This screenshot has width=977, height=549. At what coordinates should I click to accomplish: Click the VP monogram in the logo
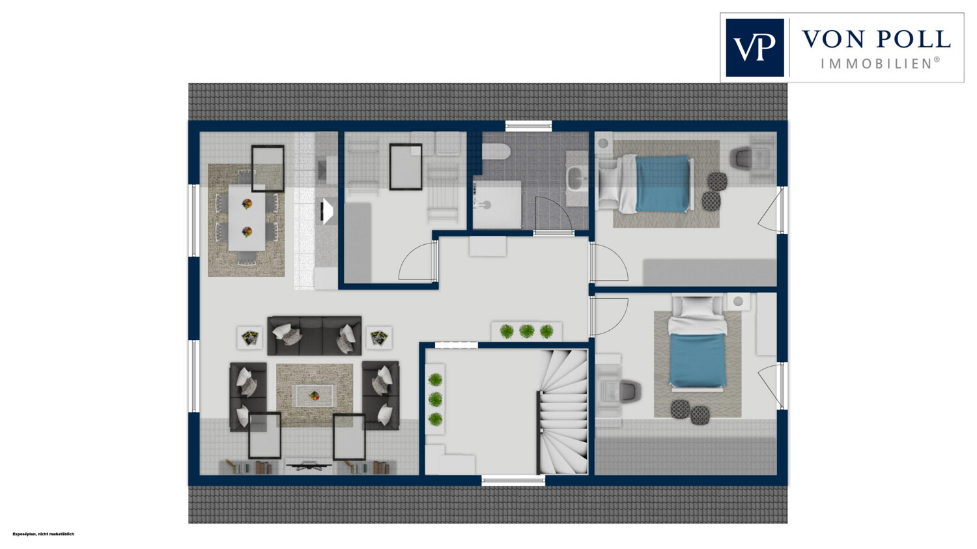[754, 48]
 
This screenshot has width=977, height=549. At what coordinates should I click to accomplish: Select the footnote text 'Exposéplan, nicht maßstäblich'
[43, 534]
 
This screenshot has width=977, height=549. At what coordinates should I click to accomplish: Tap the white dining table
[247, 217]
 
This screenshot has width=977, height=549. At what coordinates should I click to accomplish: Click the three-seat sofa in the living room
[314, 335]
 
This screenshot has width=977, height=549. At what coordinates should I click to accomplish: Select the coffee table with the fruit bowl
[314, 395]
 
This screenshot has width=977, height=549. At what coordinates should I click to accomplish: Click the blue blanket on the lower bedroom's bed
[698, 360]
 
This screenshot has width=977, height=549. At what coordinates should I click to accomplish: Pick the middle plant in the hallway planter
[526, 331]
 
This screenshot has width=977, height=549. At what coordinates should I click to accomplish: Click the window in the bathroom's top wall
[529, 126]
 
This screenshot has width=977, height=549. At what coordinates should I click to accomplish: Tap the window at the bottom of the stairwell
[513, 480]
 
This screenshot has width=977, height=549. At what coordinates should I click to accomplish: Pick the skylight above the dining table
[268, 168]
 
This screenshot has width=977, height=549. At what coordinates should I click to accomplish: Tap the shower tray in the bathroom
[497, 204]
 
